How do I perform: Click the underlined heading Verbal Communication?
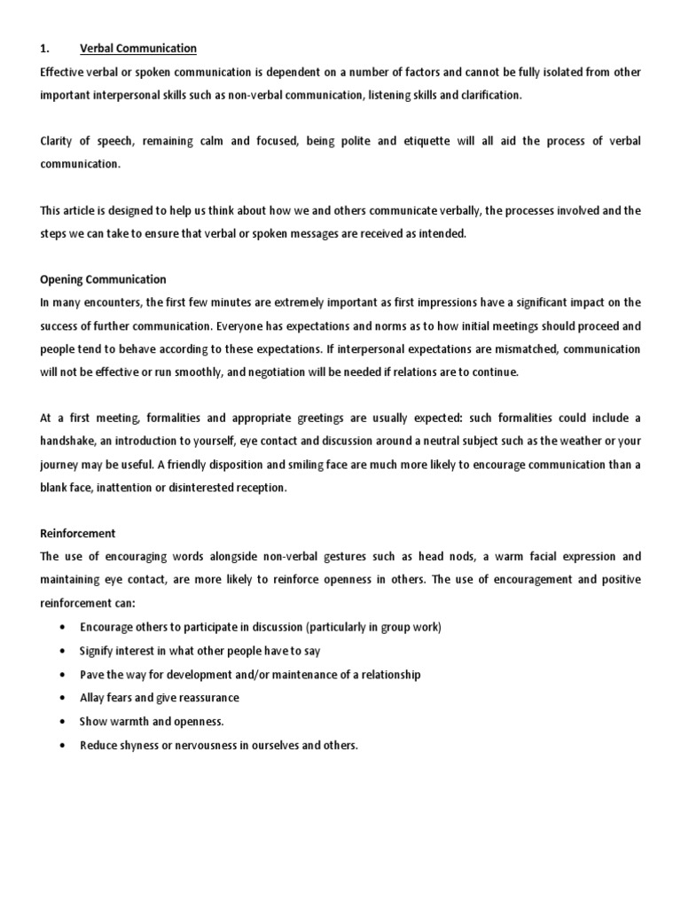tap(138, 48)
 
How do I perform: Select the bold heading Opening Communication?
tap(103, 279)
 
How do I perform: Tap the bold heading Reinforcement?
tap(78, 534)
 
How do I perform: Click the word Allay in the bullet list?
tap(93, 698)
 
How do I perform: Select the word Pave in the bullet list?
tap(92, 675)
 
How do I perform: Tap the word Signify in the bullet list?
tap(98, 651)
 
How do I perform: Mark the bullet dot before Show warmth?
tap(59, 722)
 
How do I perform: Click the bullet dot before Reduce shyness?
tap(59, 746)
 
